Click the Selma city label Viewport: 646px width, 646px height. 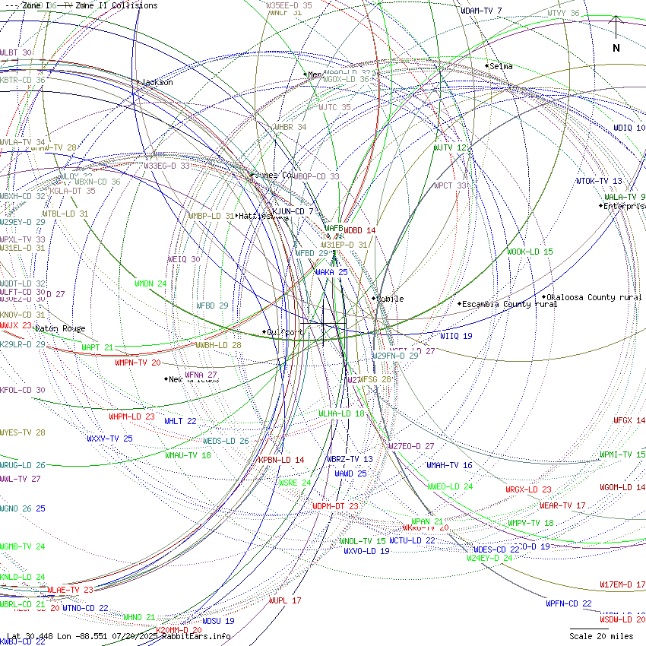501,66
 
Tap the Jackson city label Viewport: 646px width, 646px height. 157,82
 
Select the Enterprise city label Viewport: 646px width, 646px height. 625,206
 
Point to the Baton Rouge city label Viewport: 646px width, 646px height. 60,328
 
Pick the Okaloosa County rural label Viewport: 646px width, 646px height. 594,297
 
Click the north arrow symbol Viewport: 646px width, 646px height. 616,34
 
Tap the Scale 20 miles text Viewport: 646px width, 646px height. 601,635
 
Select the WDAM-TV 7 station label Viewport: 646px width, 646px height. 481,11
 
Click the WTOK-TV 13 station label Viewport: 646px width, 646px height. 599,181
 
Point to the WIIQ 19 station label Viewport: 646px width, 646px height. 456,336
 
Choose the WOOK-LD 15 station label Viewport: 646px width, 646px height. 530,252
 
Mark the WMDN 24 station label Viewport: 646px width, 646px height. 150,283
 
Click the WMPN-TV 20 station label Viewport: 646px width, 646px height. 138,363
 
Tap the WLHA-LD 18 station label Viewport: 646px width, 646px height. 341,413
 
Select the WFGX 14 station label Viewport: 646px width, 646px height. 629,420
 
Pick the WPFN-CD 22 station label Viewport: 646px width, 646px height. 568,603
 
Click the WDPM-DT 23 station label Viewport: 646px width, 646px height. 335,506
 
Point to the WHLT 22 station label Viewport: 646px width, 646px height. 180,421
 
